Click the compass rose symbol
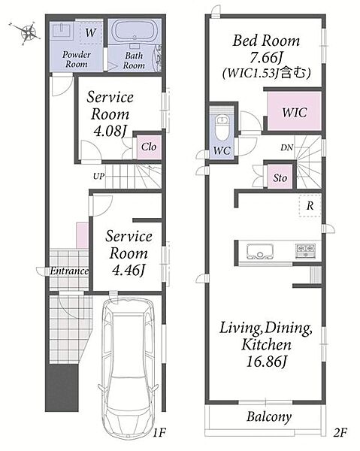pyautogui.click(x=27, y=32)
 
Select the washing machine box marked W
pyautogui.click(x=91, y=32)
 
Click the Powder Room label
pyautogui.click(x=77, y=59)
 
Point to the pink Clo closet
pyautogui.click(x=149, y=147)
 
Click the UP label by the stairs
pyautogui.click(x=98, y=176)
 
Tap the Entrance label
pyautogui.click(x=69, y=271)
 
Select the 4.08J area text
pyautogui.click(x=110, y=131)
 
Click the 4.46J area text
pyautogui.click(x=129, y=270)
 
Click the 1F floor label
pyautogui.click(x=159, y=432)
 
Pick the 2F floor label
pyautogui.click(x=340, y=432)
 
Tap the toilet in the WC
pyautogui.click(x=222, y=128)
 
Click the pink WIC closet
pyautogui.click(x=294, y=111)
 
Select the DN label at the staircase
pyautogui.click(x=286, y=148)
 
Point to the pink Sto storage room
pyautogui.click(x=280, y=177)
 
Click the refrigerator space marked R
pyautogui.click(x=310, y=206)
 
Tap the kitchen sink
pyautogui.click(x=259, y=252)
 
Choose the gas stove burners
pyautogui.click(x=305, y=250)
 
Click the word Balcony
pyautogui.click(x=269, y=416)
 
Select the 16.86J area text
pyautogui.click(x=267, y=362)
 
